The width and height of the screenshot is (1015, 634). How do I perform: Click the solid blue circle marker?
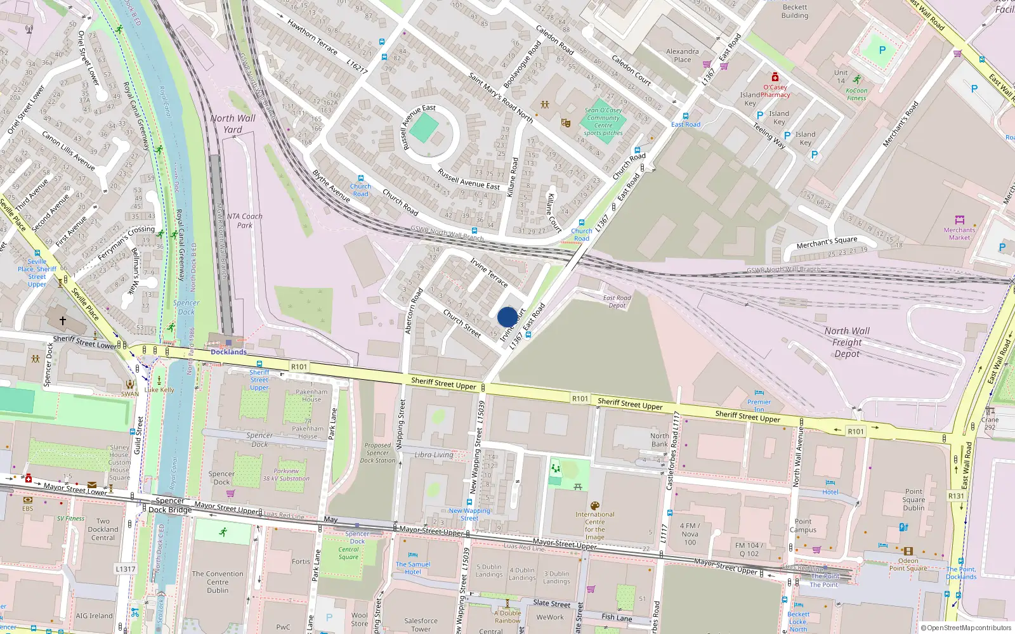507,318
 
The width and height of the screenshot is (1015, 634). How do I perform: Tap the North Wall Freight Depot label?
847,342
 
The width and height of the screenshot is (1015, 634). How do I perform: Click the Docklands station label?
228,352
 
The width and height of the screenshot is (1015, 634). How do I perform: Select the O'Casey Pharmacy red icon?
775,77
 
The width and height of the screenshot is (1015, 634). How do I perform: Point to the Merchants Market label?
959,233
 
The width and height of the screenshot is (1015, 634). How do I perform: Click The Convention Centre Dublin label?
218,582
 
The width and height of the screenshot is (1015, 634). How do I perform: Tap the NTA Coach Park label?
244,221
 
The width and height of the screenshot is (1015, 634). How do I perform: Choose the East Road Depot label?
617,301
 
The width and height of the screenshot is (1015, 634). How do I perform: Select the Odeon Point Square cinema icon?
908,551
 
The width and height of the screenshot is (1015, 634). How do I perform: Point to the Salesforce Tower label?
421,624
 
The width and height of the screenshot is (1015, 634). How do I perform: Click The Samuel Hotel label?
413,567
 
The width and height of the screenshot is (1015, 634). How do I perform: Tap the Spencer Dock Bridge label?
170,505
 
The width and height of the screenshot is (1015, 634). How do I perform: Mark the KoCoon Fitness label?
856,94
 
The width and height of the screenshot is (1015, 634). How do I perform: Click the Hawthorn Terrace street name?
312,37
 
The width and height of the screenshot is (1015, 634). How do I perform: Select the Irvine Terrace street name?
488,272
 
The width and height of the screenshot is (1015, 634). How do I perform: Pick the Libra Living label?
434,455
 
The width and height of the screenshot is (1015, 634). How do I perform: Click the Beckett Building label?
794,11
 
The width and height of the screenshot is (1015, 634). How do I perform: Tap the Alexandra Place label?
683,55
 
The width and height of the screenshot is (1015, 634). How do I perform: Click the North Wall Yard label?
233,124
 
